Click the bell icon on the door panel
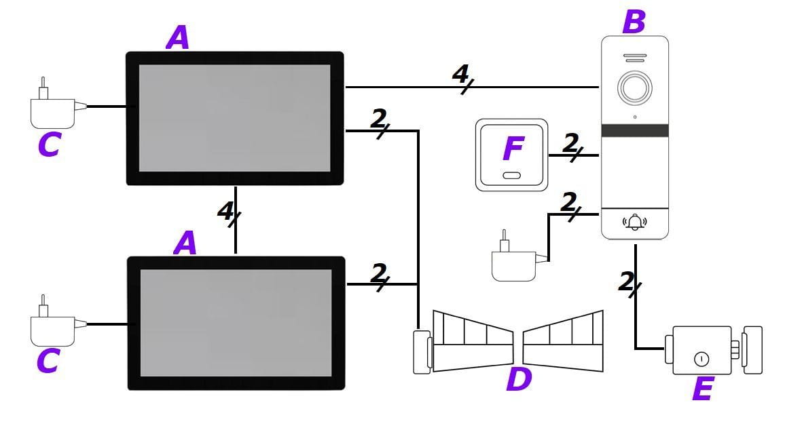pos(635,222)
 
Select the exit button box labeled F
pos(512,155)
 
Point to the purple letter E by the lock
pos(702,389)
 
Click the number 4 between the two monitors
pos(226,212)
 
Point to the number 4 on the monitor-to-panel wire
pos(461,74)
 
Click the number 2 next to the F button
pos(570,143)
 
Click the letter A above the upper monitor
pos(178,37)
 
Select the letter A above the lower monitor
pos(185,242)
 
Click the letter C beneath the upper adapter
pos(49,144)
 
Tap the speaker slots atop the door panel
pos(635,58)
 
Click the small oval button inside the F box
pos(512,176)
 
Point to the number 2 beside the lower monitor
pos(379,273)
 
